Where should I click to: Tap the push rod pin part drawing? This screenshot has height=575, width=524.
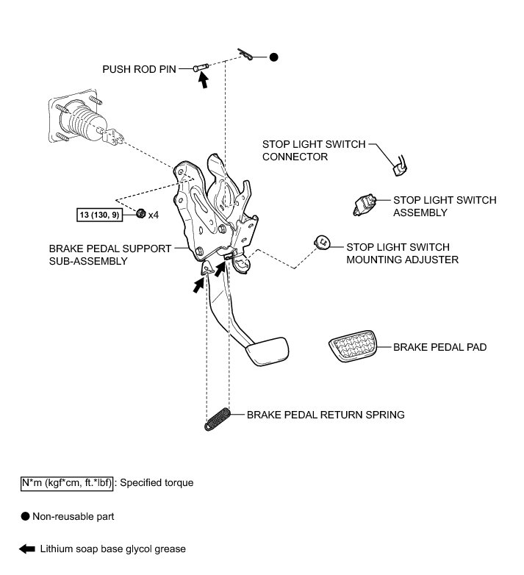point(201,68)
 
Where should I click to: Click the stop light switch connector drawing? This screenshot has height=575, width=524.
point(401,167)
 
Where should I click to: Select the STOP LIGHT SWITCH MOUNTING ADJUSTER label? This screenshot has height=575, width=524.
point(403,253)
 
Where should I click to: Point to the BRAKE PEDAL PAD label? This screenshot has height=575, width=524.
point(439,346)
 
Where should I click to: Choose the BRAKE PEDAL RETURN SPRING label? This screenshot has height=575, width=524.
point(326,415)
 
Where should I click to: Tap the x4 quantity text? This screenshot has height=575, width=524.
point(154,215)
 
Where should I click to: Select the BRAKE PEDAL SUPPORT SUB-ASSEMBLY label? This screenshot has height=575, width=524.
point(110,254)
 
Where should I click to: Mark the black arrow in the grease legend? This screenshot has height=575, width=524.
point(28,549)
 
